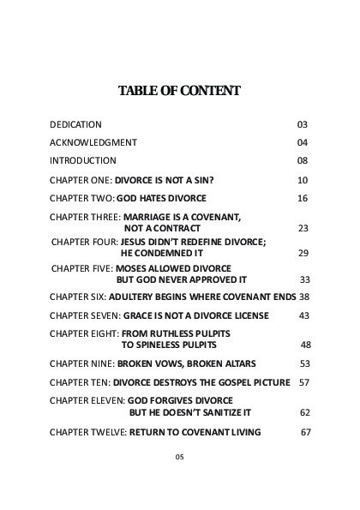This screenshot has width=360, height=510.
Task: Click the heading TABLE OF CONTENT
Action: (x=179, y=92)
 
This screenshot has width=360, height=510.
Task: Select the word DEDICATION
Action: (x=75, y=124)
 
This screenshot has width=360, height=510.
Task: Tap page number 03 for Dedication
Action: (x=302, y=124)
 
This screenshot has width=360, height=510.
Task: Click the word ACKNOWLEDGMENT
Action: (x=93, y=142)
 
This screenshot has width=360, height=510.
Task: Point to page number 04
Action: (x=302, y=142)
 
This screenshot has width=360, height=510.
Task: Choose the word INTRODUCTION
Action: (x=83, y=160)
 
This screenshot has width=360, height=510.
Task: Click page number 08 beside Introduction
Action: (x=302, y=160)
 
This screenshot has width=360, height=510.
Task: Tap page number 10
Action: (x=302, y=181)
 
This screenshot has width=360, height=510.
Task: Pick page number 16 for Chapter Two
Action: (x=302, y=198)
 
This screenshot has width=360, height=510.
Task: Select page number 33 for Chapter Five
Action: (x=304, y=280)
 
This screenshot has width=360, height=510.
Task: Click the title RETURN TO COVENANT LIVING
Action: (x=195, y=431)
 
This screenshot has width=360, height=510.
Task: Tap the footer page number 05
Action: (x=179, y=458)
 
